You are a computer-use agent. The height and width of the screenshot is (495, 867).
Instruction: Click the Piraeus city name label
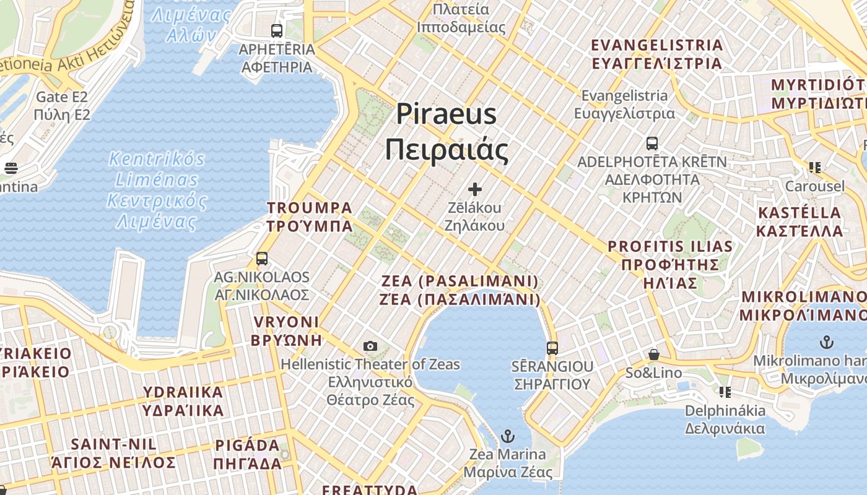click(x=447, y=132)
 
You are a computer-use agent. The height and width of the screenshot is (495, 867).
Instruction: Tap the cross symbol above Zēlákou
click(x=475, y=189)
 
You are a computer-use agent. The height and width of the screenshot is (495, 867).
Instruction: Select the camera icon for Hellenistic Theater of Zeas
click(x=370, y=346)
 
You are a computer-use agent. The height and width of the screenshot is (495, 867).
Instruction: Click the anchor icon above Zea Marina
click(x=507, y=437)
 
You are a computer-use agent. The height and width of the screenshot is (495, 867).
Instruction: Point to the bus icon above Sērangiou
click(x=552, y=348)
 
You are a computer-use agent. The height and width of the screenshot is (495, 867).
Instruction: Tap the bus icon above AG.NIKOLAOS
click(x=262, y=259)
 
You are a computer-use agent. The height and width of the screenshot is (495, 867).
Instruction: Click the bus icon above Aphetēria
click(x=277, y=30)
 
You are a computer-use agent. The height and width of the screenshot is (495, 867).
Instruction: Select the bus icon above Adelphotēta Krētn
click(x=652, y=144)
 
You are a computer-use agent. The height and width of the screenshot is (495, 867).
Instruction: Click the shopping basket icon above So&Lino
click(x=654, y=355)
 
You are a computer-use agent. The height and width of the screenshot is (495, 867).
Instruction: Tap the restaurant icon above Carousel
click(x=814, y=167)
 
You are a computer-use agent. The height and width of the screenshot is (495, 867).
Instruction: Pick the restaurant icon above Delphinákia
click(x=725, y=392)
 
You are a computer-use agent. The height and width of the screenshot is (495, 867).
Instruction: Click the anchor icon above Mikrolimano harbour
click(x=827, y=342)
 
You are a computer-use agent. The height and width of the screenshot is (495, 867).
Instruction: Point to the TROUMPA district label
click(x=310, y=217)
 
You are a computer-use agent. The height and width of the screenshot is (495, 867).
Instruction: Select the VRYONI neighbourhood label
click(x=286, y=330)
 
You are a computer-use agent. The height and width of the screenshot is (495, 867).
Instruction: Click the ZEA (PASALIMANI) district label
click(x=460, y=290)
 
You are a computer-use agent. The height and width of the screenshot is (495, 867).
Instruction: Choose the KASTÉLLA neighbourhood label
click(x=800, y=222)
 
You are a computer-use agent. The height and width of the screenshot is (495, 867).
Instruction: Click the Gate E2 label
click(x=62, y=106)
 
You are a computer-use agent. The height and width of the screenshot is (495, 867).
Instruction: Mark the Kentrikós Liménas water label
click(x=157, y=190)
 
